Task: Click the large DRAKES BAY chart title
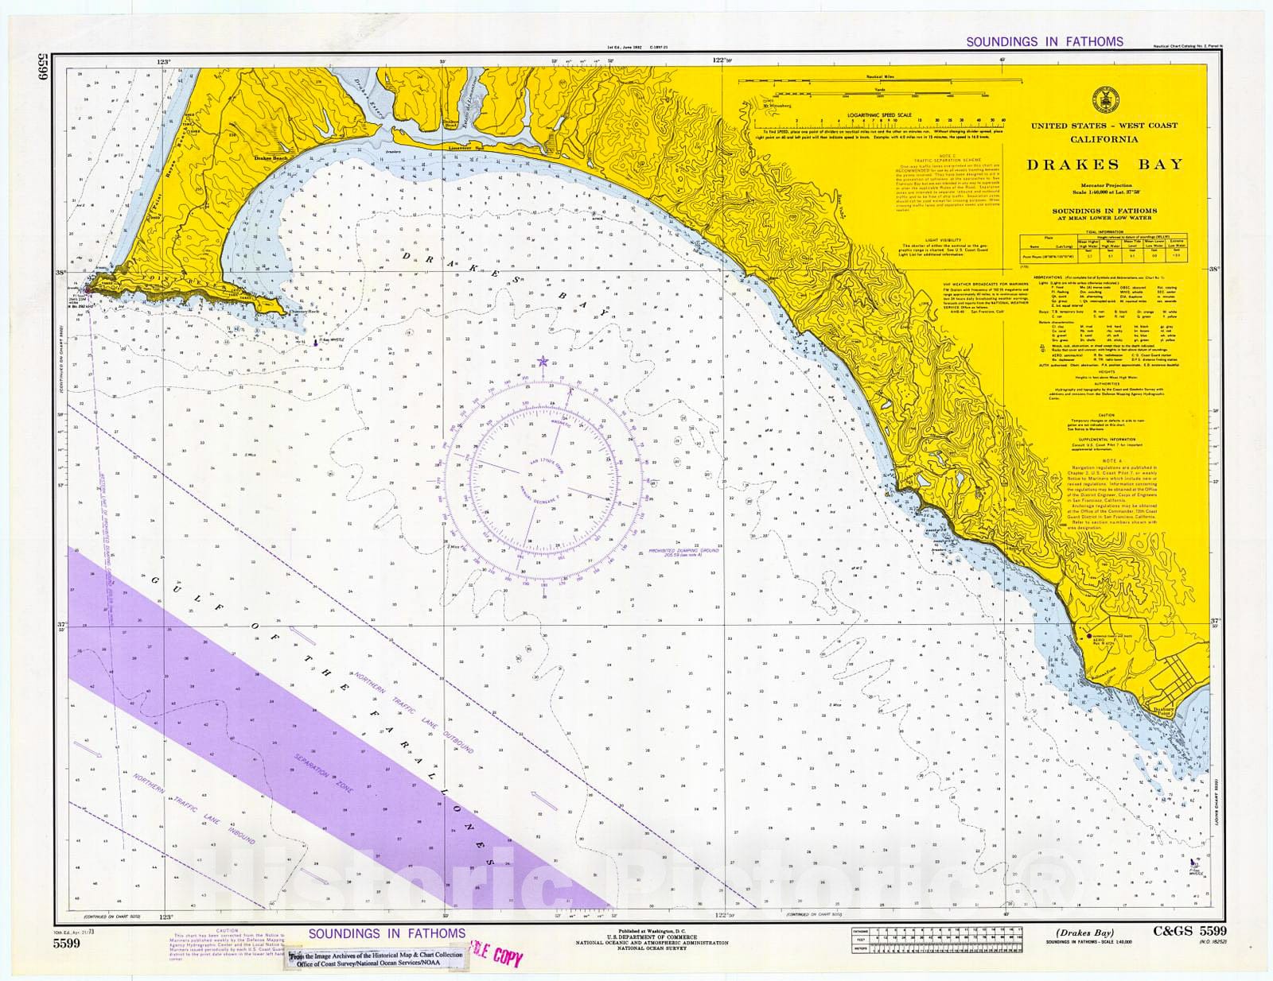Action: [1104, 165]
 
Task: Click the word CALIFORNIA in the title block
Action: [1104, 139]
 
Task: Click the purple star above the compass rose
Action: [543, 362]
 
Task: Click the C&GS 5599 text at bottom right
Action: [1189, 932]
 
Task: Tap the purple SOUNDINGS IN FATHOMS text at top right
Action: [1044, 41]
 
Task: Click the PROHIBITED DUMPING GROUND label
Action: [683, 552]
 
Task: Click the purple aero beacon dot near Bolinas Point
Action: [1088, 636]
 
